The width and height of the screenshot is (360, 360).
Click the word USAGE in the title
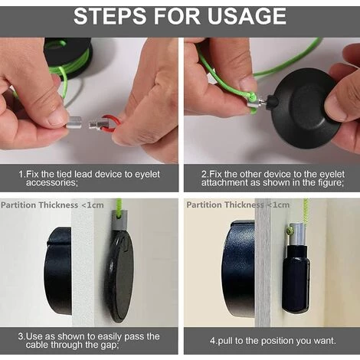click(247, 16)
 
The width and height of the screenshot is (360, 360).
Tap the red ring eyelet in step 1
click(112, 124)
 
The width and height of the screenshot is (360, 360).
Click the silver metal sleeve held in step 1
click(74, 123)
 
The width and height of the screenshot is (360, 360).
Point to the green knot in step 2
click(252, 97)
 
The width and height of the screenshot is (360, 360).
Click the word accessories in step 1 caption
click(52, 183)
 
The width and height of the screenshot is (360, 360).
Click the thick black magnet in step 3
click(57, 270)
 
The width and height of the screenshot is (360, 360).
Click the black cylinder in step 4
click(296, 278)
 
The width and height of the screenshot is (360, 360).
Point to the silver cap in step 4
click(298, 234)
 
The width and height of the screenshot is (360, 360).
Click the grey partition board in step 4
click(263, 263)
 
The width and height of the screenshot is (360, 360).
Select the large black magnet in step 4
click(239, 266)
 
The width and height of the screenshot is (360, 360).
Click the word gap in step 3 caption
click(109, 345)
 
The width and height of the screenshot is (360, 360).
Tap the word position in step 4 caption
click(278, 341)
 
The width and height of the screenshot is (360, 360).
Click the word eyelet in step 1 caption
click(147, 175)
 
